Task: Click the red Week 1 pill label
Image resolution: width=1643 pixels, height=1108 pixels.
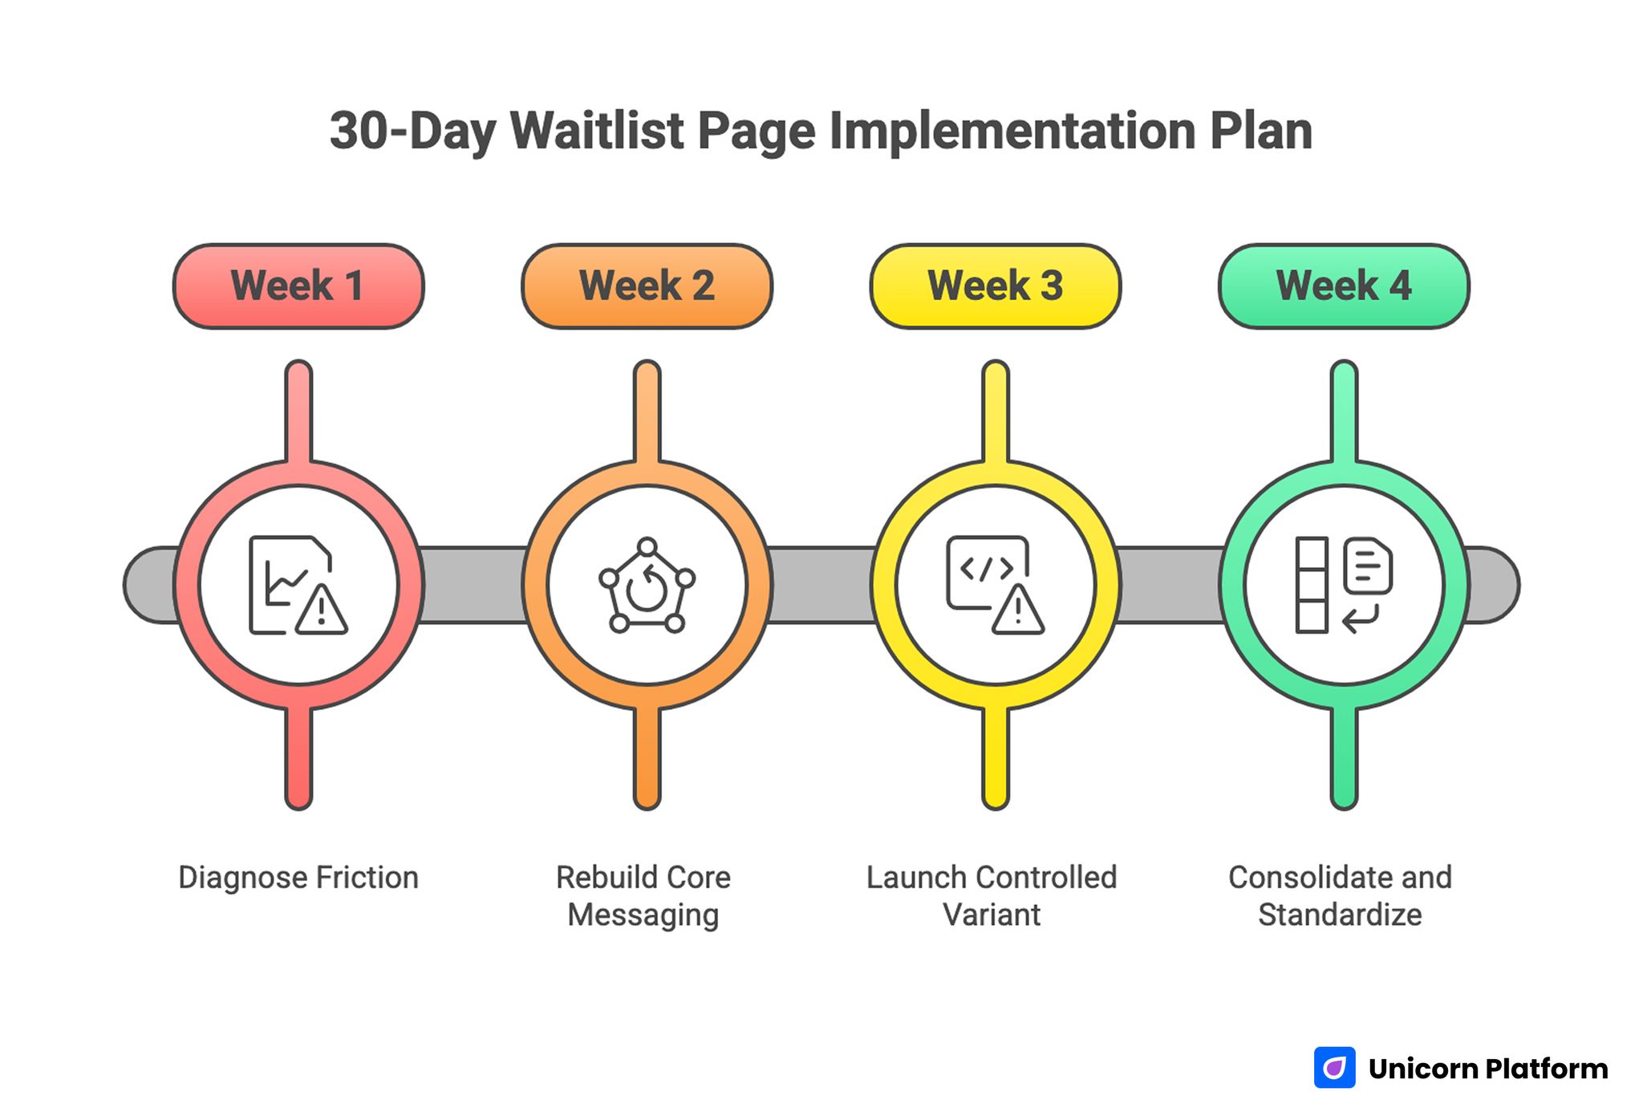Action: coord(298,286)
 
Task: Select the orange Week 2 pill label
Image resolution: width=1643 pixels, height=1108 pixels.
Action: coord(647,286)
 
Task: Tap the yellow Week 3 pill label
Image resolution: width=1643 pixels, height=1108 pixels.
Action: coord(995,286)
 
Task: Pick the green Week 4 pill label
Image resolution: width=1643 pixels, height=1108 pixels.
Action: coord(1344,286)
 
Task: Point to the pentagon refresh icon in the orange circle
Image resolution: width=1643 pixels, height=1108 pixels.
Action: coord(647,585)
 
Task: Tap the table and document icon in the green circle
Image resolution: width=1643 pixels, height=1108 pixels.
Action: coord(1344,585)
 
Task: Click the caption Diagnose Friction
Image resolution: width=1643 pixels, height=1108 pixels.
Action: coord(298,878)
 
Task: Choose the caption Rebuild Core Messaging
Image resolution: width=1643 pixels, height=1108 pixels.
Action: coord(643,896)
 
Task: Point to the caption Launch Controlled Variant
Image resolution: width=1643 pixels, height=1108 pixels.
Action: coord(992,896)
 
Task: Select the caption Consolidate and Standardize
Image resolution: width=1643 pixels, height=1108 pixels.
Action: coord(1340,896)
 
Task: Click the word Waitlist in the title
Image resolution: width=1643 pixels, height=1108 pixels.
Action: coord(597,131)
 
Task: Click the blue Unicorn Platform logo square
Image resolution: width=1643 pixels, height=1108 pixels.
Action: coord(1334,1068)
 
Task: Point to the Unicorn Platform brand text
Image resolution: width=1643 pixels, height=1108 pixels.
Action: coord(1488,1069)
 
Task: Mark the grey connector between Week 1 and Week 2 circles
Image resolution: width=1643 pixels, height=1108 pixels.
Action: coord(473,585)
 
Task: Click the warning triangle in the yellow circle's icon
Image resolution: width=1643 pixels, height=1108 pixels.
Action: coord(1018,611)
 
